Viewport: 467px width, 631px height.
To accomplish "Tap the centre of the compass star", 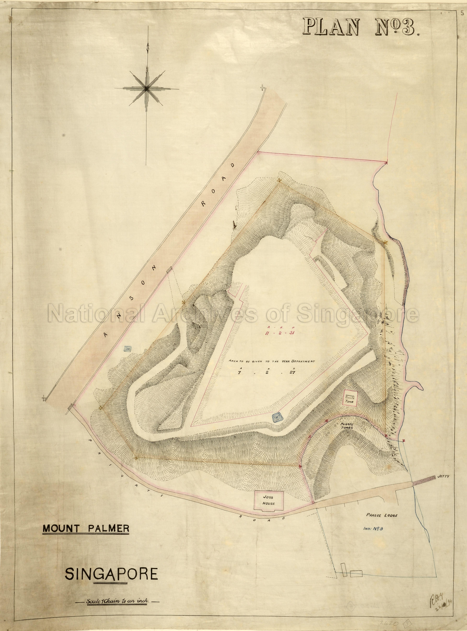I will coord(146,89).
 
